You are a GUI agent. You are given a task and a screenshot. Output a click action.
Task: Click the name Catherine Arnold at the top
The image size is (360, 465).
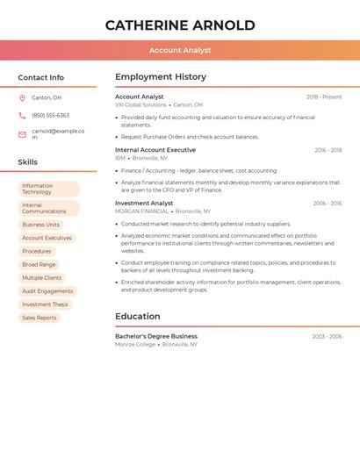click(x=180, y=25)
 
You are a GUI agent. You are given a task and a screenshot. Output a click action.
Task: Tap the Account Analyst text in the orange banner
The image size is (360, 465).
click(x=180, y=51)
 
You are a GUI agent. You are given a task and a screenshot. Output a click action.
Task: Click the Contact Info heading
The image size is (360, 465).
click(x=40, y=77)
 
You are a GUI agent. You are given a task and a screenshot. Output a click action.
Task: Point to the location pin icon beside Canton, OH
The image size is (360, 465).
click(x=22, y=97)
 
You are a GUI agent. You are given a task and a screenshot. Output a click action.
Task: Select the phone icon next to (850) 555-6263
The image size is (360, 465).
click(x=22, y=115)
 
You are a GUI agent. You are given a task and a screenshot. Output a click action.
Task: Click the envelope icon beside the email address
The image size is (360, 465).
click(x=22, y=134)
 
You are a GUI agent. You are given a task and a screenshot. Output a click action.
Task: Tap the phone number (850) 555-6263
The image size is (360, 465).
click(x=50, y=115)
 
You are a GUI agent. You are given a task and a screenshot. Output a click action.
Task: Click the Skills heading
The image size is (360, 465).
click(x=27, y=162)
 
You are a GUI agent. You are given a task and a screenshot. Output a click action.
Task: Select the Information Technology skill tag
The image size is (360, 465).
click(x=48, y=189)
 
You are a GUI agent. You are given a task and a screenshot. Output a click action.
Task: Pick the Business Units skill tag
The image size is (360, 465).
click(x=40, y=225)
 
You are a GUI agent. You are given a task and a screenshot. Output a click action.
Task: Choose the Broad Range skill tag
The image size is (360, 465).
click(x=39, y=264)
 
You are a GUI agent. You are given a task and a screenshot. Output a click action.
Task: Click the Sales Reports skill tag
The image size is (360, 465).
click(x=39, y=318)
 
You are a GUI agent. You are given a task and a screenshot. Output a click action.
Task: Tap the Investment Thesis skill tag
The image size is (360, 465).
click(x=45, y=304)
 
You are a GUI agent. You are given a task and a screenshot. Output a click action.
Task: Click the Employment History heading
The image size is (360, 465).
click(x=161, y=76)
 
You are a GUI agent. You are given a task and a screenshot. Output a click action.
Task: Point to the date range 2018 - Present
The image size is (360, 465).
click(x=324, y=97)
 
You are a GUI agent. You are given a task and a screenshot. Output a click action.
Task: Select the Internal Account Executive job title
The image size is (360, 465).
click(x=155, y=150)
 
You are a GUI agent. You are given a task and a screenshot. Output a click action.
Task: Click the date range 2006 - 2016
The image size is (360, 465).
click(x=328, y=204)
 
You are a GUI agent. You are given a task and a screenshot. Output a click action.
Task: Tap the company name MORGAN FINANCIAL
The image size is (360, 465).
click(x=141, y=211)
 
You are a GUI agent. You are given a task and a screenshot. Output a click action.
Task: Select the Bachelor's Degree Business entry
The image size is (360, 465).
click(x=156, y=336)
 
